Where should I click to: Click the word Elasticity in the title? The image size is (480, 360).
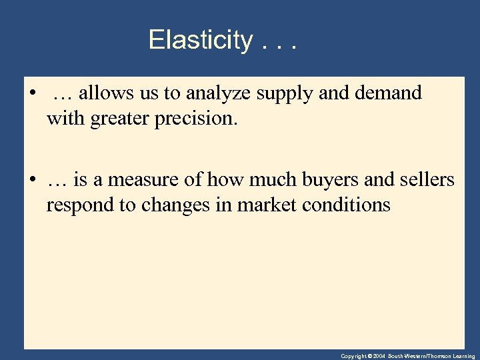[199, 40]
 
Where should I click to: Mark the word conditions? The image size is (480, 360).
[346, 205]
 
